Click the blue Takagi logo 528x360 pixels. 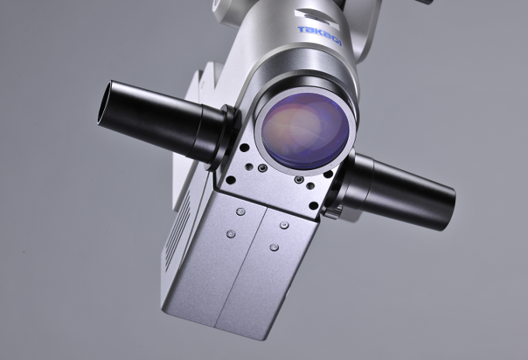pos(320,36)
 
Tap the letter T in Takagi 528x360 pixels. pos(301,29)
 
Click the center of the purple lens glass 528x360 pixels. pos(305,131)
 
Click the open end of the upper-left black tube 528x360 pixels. pos(104,103)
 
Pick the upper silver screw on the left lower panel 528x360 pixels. pos(241,212)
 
